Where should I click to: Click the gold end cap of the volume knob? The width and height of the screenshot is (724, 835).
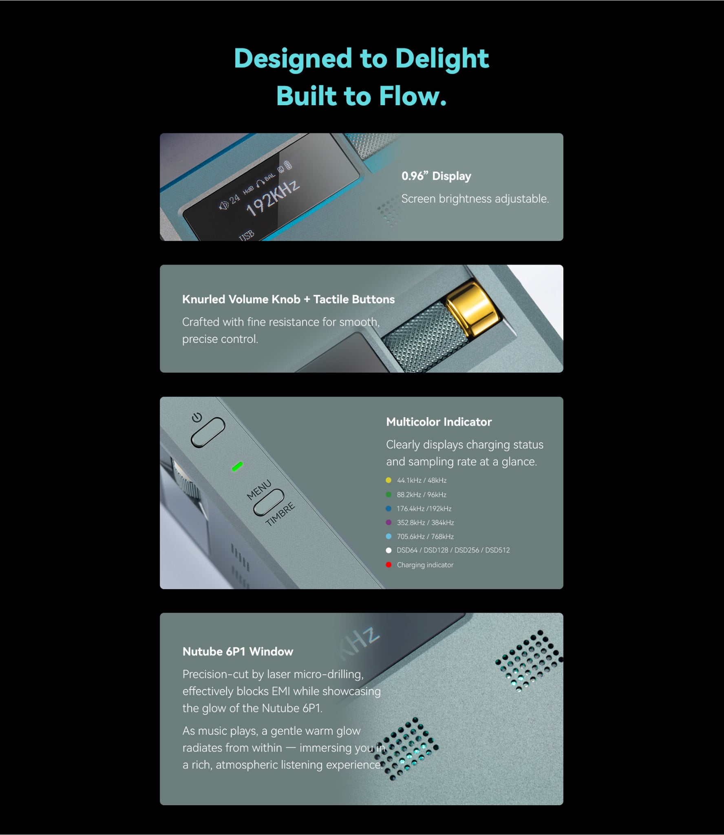[473, 304]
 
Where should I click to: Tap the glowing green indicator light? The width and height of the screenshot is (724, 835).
[237, 466]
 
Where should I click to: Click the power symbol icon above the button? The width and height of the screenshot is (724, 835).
[197, 417]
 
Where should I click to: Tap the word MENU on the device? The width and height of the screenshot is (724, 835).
[259, 490]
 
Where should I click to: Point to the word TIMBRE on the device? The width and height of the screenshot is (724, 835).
[280, 514]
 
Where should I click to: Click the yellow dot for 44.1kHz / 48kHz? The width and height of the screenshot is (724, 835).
[388, 480]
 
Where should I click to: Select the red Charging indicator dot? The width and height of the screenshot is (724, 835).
[388, 565]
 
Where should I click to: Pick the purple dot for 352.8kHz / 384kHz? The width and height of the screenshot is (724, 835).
[388, 522]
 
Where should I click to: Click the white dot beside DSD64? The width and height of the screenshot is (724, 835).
[388, 550]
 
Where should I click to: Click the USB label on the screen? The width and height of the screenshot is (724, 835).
[247, 236]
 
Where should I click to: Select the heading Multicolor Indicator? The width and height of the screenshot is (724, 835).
[439, 422]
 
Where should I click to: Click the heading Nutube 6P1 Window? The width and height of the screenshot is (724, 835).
[238, 652]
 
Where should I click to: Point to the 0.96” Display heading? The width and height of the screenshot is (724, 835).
[436, 176]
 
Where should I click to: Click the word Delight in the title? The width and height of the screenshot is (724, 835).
[442, 58]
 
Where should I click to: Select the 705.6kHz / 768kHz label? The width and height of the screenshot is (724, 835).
[425, 537]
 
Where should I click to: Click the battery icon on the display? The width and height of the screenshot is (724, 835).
[288, 165]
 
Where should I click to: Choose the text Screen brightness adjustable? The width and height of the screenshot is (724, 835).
[475, 199]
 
